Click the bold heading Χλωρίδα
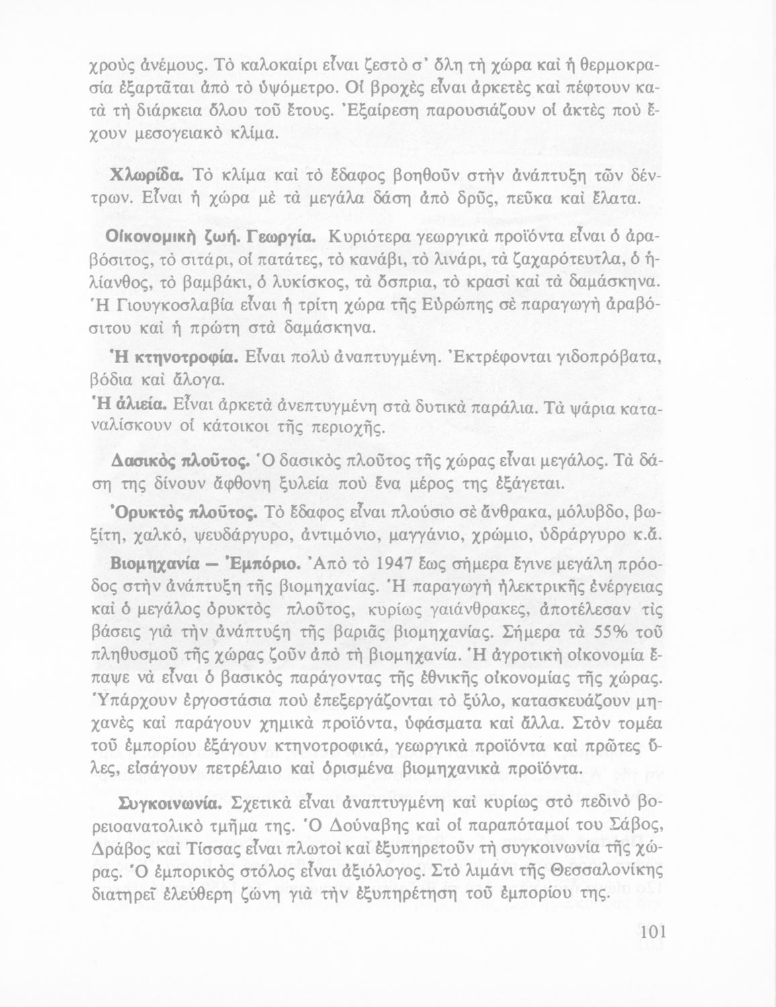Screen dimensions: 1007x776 point(147,175)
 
